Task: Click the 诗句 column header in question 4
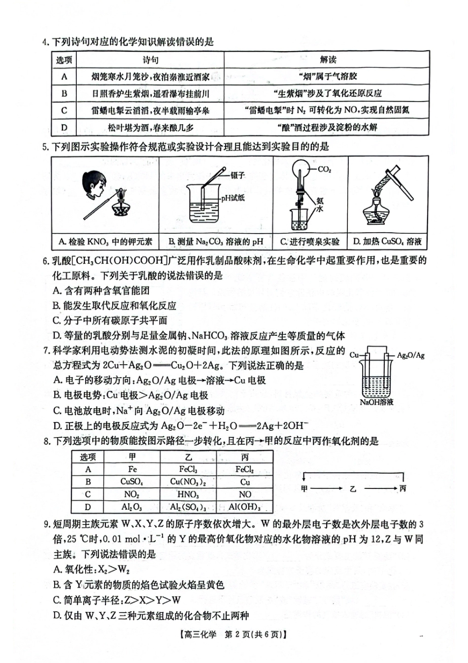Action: (150, 60)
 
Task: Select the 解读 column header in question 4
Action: (328, 60)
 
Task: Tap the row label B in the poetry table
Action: (64, 94)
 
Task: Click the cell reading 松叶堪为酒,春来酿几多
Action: (150, 128)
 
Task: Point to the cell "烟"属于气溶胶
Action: (328, 76)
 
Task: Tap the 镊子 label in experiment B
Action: (237, 175)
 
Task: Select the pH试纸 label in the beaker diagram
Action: (233, 198)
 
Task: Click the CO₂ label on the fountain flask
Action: (324, 170)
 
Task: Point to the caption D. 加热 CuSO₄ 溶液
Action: (387, 242)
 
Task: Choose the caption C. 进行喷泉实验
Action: (310, 242)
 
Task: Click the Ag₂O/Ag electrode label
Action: (410, 355)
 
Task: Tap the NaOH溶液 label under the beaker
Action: (377, 402)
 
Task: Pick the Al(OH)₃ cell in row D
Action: (245, 507)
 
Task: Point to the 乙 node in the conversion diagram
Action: (353, 489)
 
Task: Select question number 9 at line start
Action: (47, 524)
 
